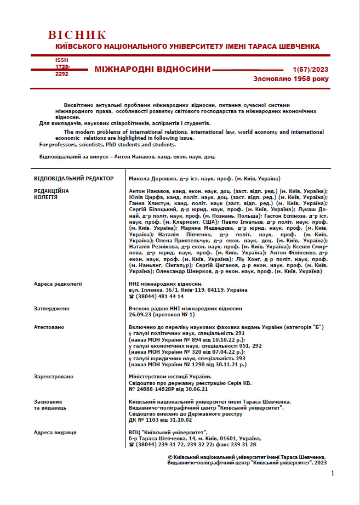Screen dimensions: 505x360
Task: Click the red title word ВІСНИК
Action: pos(77,36)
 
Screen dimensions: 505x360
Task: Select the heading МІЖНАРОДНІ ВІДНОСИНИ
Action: pos(152,69)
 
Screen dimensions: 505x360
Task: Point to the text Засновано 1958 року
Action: pos(290,79)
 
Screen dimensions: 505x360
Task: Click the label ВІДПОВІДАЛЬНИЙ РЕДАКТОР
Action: pos(73,179)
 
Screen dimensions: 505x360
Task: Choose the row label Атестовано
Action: pos(49,327)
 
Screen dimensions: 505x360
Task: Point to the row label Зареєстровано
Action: pos(54,377)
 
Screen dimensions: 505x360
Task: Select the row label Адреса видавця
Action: pos(55,433)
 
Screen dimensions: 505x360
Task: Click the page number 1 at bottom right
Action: pos(333,473)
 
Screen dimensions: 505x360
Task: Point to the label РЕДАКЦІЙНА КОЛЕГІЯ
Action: pos(52,194)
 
